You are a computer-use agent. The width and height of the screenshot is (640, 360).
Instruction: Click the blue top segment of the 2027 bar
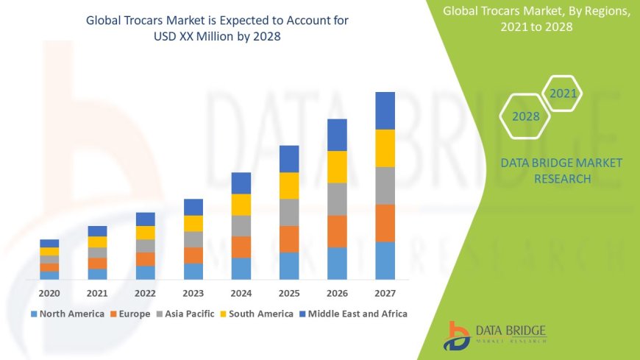coord(385,110)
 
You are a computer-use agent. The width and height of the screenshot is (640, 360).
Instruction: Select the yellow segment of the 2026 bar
coord(337,166)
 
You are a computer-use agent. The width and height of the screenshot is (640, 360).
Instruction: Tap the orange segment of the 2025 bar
coord(289,239)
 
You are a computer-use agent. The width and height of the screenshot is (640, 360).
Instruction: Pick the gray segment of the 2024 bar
coord(241,225)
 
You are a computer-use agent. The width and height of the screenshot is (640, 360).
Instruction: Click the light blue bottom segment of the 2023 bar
coord(193,271)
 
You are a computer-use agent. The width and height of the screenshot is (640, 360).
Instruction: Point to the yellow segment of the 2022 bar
coord(146,233)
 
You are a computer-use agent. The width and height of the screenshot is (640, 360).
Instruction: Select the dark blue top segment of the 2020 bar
coord(49,243)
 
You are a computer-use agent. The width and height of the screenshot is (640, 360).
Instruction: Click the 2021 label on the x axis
coord(97,292)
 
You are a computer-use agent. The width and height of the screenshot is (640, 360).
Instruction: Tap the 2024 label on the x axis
coord(241,292)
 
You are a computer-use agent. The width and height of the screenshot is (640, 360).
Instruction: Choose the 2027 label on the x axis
coord(385,292)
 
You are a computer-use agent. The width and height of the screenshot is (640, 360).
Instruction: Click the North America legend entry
coord(67,314)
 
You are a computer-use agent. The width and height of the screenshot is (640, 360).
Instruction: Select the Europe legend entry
coord(130,314)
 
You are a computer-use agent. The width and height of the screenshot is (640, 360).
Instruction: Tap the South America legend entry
coord(255,314)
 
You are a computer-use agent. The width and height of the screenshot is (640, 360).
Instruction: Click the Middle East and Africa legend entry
coord(353,314)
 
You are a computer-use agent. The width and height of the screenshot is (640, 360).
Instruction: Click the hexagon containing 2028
coord(525,116)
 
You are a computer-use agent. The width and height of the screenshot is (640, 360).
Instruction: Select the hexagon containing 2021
coord(563,93)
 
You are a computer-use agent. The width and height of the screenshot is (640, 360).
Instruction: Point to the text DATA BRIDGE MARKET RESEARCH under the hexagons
coord(561,171)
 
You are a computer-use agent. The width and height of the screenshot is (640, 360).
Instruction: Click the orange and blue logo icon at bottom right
coord(457,335)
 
